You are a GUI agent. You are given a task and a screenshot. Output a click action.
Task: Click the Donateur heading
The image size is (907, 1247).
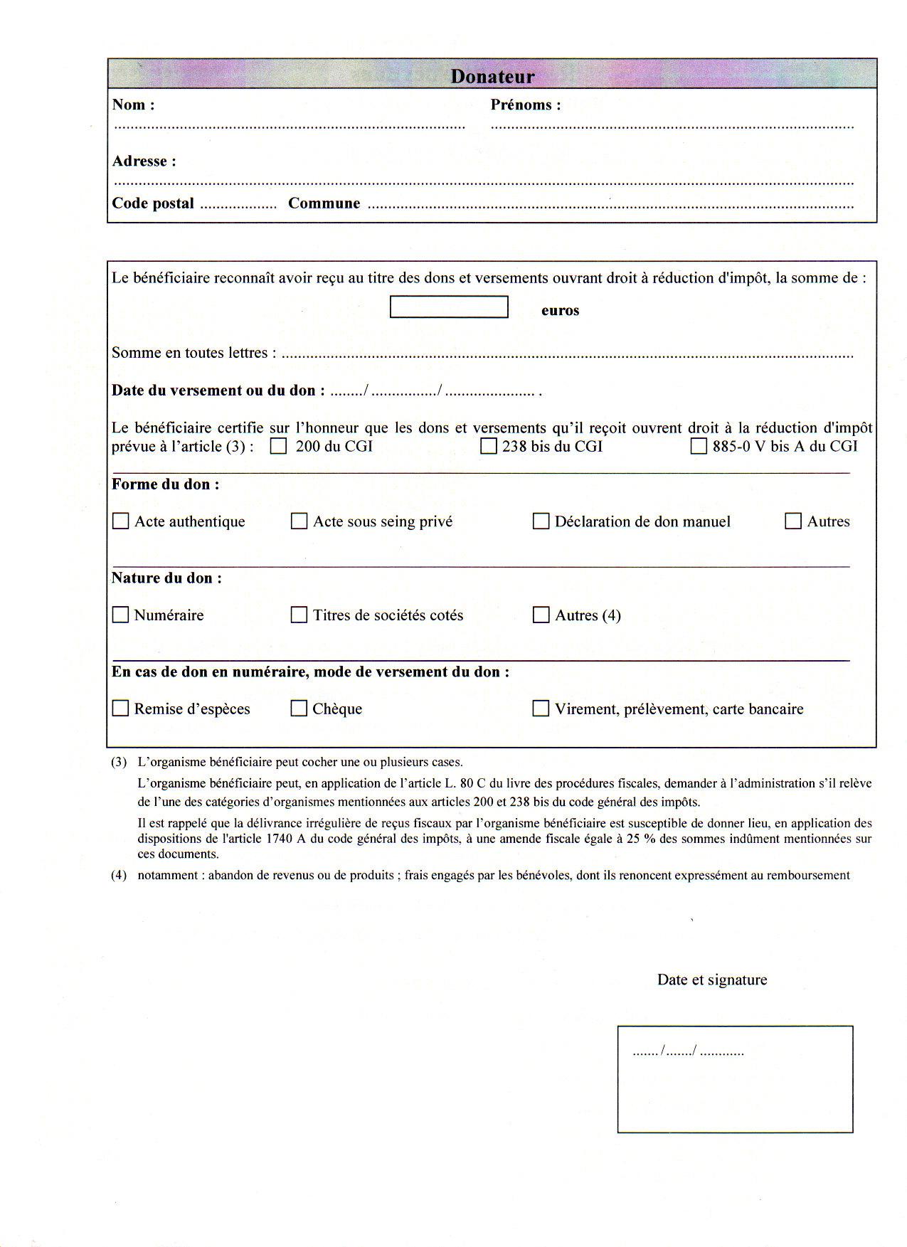click(x=492, y=76)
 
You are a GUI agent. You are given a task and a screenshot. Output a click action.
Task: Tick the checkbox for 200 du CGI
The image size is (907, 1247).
click(x=279, y=447)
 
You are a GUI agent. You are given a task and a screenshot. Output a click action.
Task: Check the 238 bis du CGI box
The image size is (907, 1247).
click(x=488, y=447)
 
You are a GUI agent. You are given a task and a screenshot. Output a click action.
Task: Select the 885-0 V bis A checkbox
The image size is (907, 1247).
click(x=699, y=447)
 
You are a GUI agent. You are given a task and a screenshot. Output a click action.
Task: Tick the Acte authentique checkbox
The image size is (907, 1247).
click(x=121, y=521)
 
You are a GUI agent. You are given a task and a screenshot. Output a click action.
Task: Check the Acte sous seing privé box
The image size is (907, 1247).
click(x=299, y=521)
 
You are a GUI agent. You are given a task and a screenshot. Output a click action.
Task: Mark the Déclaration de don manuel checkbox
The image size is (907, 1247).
click(x=541, y=521)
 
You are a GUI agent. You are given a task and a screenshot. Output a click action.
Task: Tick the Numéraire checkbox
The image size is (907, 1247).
click(x=121, y=615)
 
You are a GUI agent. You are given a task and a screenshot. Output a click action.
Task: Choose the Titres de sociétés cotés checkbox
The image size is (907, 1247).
click(x=299, y=615)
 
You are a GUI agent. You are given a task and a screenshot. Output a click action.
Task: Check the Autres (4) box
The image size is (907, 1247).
click(x=541, y=615)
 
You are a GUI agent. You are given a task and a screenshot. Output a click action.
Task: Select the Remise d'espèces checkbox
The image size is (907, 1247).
click(x=121, y=709)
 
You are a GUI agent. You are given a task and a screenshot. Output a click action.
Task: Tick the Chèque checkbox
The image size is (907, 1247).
click(x=299, y=709)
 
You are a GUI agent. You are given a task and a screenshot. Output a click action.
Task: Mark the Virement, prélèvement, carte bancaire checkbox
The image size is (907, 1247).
click(x=541, y=709)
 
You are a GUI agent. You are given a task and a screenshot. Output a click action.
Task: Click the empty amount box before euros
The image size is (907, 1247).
click(x=449, y=307)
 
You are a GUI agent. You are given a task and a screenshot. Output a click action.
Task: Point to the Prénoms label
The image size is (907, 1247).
click(x=526, y=105)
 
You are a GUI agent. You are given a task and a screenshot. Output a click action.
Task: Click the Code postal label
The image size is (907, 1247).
click(x=153, y=203)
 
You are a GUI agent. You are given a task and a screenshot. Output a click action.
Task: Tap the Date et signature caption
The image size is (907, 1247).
click(x=712, y=980)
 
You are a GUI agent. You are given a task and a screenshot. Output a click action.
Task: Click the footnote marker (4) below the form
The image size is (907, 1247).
click(x=118, y=876)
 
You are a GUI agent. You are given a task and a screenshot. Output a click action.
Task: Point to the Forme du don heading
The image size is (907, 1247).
click(x=165, y=484)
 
